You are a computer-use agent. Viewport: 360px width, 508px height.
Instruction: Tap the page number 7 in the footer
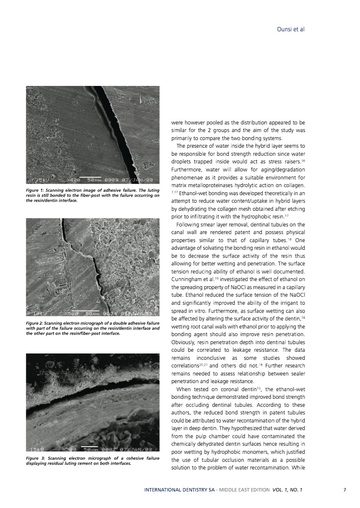point(345,490)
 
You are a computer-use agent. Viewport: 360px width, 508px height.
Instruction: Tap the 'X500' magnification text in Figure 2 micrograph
point(72,313)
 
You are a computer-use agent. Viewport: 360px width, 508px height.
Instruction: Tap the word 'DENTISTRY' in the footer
point(193,490)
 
